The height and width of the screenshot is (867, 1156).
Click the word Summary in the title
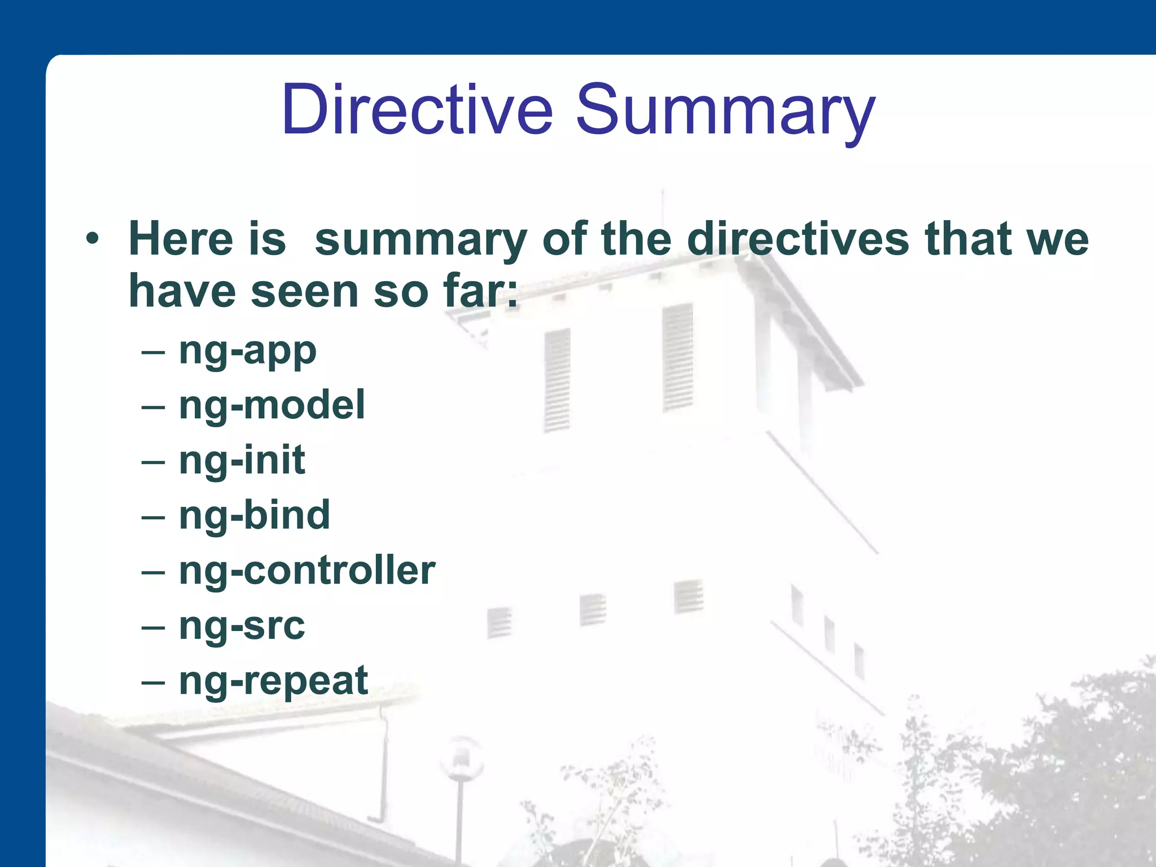725,110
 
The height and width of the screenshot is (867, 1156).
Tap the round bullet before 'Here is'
92,239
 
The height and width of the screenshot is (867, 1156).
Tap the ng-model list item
272,405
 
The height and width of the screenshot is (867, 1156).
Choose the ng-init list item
242,460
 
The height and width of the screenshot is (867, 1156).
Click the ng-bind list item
254,515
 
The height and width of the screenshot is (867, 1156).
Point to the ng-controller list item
307,570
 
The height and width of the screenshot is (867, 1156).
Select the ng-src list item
242,625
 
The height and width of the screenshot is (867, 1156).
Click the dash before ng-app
154,353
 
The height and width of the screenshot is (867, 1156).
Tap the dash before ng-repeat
154,682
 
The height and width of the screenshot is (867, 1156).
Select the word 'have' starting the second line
182,292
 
